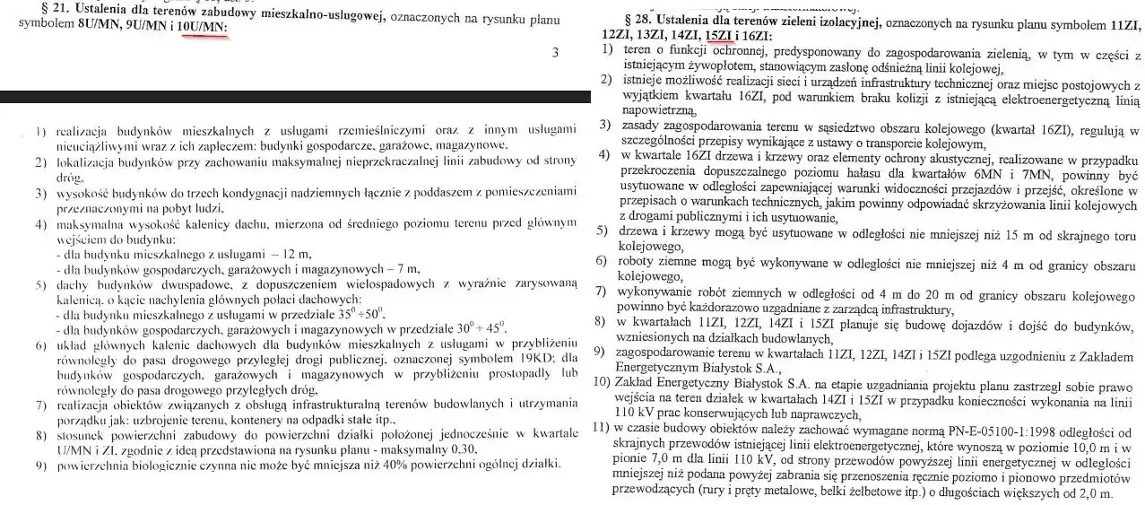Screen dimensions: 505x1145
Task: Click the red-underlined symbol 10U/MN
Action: coord(201,28)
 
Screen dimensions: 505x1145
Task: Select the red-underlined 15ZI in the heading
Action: coord(718,34)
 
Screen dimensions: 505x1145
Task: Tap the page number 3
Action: coord(555,53)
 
